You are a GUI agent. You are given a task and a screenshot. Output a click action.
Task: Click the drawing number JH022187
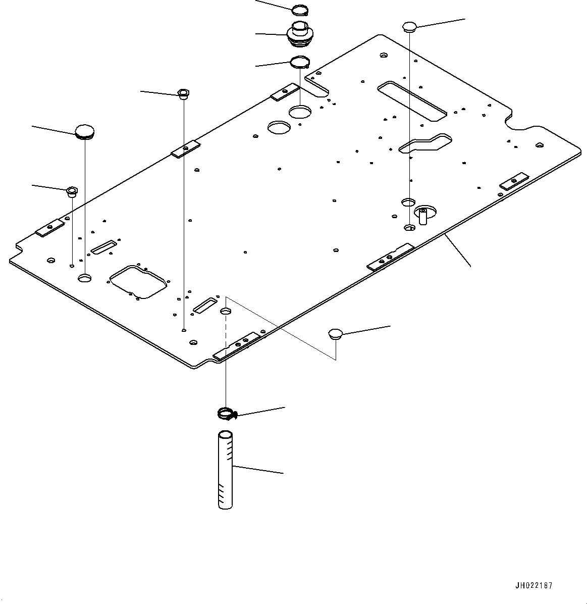click(x=533, y=586)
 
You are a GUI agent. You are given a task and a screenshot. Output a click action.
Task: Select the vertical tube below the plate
click(x=226, y=469)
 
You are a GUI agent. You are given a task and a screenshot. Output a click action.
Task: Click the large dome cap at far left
click(x=84, y=132)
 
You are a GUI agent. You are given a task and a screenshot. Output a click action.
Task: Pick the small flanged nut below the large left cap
click(x=72, y=191)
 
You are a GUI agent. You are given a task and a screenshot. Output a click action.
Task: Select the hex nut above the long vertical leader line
click(x=183, y=93)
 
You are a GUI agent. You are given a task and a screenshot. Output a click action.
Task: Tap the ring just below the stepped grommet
click(x=300, y=63)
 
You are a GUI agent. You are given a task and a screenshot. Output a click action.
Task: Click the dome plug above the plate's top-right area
click(x=408, y=27)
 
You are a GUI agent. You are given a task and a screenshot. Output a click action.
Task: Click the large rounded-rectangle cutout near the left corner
click(x=138, y=281)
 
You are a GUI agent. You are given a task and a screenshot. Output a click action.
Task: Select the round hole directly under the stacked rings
click(x=300, y=112)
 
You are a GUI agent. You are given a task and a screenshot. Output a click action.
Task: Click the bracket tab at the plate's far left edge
click(x=49, y=228)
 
